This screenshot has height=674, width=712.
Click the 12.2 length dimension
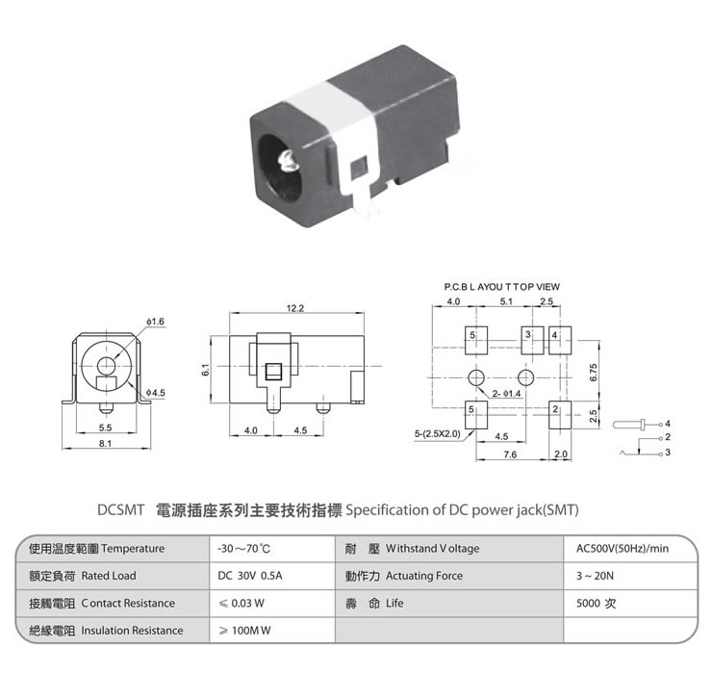(295, 308)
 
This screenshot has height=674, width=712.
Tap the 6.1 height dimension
(206, 369)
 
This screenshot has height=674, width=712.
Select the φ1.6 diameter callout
(157, 320)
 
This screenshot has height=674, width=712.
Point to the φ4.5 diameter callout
(156, 393)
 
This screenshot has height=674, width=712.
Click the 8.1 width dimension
(105, 443)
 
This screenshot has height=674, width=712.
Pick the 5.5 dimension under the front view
(105, 427)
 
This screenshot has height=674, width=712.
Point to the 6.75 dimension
(594, 372)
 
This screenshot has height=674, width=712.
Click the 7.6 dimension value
(510, 453)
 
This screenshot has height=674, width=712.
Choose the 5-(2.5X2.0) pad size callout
(437, 433)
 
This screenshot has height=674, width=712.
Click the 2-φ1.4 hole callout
(506, 394)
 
